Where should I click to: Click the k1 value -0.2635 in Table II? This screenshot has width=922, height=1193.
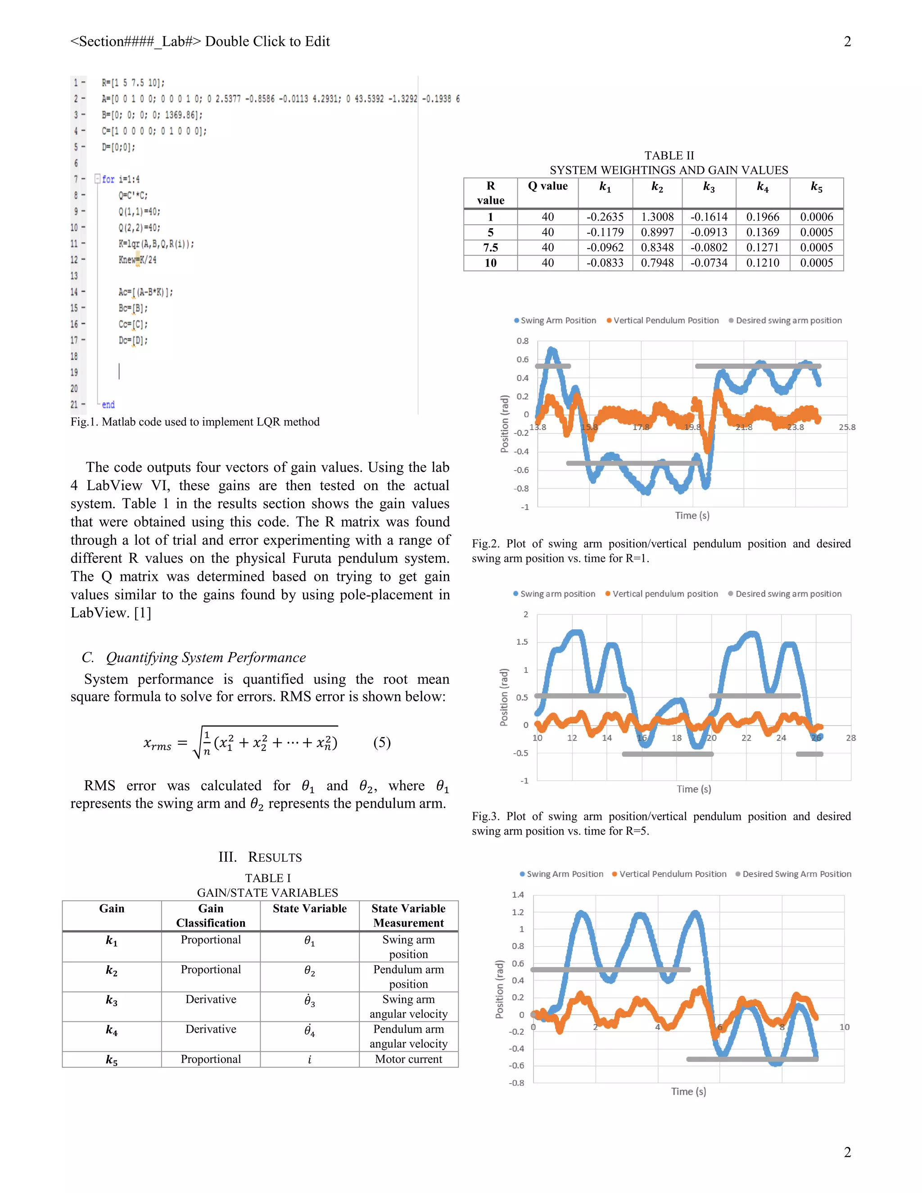click(605, 217)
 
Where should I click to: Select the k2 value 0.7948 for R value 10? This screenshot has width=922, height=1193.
click(657, 263)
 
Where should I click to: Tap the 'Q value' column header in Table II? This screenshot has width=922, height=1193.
click(547, 186)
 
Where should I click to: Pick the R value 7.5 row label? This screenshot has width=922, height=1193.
click(491, 248)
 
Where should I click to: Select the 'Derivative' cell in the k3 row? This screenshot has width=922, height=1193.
click(210, 999)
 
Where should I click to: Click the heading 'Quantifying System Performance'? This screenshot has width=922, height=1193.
click(205, 657)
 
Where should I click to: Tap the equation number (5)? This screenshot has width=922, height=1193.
click(382, 742)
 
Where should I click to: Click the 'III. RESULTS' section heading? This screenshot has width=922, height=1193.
click(260, 857)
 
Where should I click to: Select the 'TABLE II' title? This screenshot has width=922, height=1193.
click(669, 156)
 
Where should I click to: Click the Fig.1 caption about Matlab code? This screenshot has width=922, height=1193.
click(195, 422)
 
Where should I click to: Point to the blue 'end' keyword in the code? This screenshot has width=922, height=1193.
click(108, 405)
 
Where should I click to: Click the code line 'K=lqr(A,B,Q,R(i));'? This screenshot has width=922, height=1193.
click(156, 244)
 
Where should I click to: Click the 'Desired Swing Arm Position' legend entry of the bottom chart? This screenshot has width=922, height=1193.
click(796, 874)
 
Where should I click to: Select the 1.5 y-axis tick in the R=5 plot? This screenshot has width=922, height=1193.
click(522, 642)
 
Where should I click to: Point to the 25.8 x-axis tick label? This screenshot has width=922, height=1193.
click(847, 427)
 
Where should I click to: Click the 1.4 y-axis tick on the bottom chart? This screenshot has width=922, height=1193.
click(517, 895)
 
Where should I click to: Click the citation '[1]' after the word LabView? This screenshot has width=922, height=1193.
click(143, 613)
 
